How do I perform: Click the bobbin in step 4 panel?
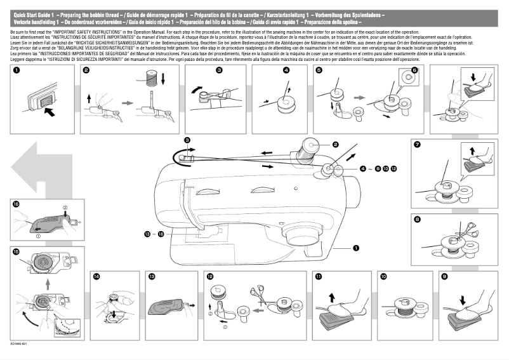click(283, 99)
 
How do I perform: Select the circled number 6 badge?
click(415, 71)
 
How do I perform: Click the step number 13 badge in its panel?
click(152, 277)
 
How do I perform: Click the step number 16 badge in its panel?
click(16, 204)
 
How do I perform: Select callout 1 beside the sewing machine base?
click(356, 249)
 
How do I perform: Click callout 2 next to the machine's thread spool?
click(335, 145)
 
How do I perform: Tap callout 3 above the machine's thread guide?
click(187, 139)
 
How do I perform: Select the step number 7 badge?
click(416, 145)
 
